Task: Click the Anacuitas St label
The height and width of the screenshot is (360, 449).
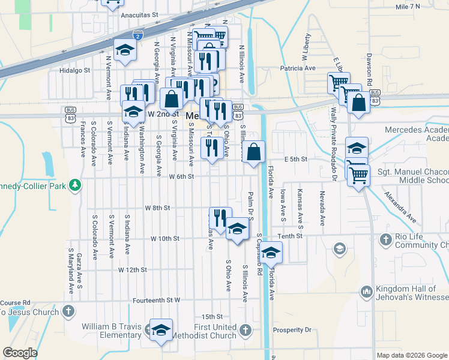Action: point(139,14)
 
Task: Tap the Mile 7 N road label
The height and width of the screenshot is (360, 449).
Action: point(408,7)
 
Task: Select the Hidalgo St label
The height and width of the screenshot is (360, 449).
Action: point(74,70)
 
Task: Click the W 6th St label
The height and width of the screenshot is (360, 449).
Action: point(181,176)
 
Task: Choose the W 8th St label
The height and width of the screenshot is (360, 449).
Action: point(158,208)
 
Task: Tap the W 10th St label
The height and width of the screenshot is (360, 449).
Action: point(165,238)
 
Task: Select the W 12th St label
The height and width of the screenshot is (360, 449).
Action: point(133,270)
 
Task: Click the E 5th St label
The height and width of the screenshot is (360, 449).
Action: point(296,159)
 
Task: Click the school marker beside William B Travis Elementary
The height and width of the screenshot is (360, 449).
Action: point(161,329)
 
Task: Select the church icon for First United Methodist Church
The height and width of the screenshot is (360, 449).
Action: point(246,329)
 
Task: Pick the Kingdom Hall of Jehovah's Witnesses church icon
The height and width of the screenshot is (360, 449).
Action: point(366,292)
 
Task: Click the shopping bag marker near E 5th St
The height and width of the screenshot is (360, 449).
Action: point(255,152)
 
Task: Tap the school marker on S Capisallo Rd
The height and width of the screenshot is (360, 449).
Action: point(271,253)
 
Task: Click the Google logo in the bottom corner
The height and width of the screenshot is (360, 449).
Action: point(20,353)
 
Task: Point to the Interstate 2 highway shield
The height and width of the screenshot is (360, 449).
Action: point(138,36)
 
